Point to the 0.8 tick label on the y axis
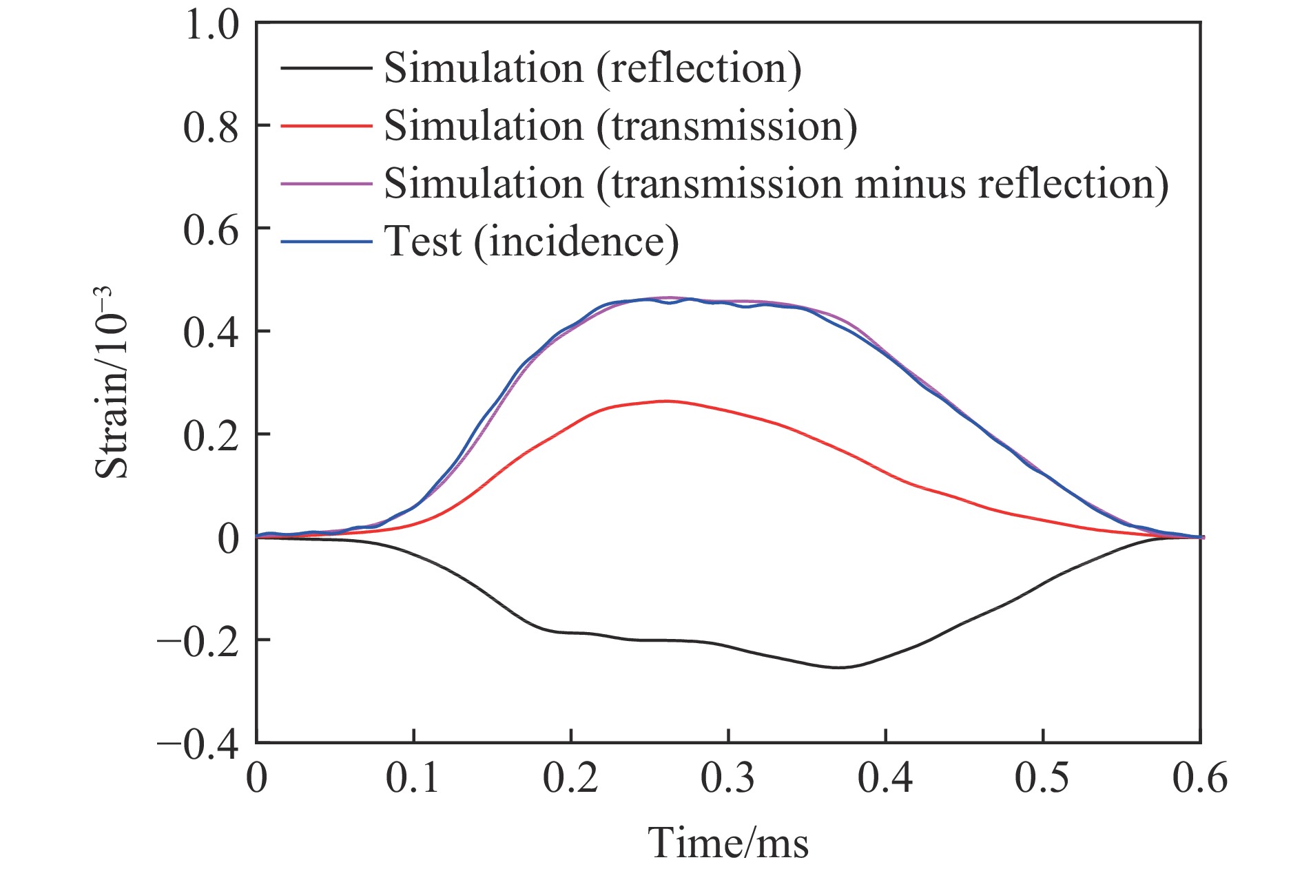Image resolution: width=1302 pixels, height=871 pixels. [x=211, y=128]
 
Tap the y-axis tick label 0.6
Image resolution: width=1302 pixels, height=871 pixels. [x=211, y=231]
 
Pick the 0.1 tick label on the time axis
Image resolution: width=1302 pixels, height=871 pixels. [x=413, y=779]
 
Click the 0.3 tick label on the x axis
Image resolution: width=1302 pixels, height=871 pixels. [x=727, y=779]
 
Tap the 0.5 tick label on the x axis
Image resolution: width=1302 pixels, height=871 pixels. [x=1042, y=779]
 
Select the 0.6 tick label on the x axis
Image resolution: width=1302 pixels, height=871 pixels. [x=1200, y=779]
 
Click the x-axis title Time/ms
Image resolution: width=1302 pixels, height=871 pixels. [x=727, y=843]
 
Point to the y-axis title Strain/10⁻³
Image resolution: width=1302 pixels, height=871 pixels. [x=112, y=383]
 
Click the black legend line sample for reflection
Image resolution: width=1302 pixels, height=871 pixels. [x=326, y=67]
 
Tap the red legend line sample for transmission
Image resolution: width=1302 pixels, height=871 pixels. [x=326, y=125]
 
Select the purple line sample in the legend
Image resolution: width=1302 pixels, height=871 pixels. [x=326, y=183]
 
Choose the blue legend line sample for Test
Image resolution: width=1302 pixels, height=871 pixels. [x=326, y=241]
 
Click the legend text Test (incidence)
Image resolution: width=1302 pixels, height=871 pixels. [x=531, y=241]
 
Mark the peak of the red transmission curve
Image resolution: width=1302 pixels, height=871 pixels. [x=665, y=401]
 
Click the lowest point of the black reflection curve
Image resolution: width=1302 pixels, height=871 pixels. [x=840, y=667]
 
